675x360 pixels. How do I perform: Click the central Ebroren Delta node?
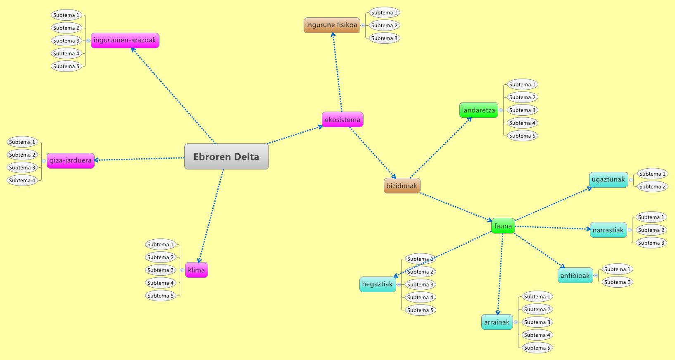point(226,157)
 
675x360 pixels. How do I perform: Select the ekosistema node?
point(342,119)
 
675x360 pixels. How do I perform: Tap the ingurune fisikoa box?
point(332,25)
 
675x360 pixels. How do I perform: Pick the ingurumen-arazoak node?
point(125,40)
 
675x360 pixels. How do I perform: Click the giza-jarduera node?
point(71,160)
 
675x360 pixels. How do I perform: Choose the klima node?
point(196,270)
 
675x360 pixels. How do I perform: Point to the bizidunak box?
point(402,186)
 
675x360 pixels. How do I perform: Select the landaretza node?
point(478,110)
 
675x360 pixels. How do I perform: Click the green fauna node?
point(503,226)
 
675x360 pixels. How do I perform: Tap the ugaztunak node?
point(608,179)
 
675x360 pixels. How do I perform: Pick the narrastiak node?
point(608,230)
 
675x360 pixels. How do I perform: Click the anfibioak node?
point(575,275)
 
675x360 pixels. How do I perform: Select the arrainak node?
point(497,322)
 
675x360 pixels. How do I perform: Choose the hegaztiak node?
point(377,284)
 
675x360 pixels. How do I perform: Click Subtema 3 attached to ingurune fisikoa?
point(384,38)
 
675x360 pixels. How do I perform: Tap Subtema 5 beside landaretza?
point(522,136)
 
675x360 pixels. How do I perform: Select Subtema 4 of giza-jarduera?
point(22,180)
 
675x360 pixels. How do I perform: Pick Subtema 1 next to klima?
point(161,244)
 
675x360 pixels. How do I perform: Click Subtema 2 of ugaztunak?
point(652,186)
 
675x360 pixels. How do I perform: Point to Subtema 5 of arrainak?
point(537,348)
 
